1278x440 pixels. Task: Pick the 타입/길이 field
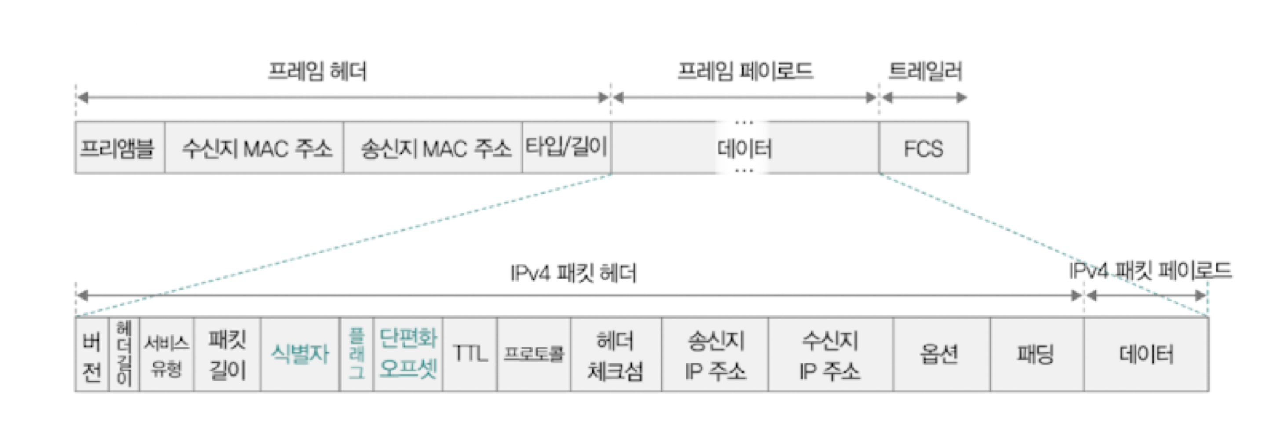click(566, 147)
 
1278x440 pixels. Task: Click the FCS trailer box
click(923, 147)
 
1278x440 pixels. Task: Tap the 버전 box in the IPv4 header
click(92, 355)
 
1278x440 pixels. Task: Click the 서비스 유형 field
click(167, 355)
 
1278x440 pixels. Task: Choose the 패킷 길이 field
click(227, 355)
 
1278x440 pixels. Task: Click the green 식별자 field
click(300, 355)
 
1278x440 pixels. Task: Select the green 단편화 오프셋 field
click(408, 355)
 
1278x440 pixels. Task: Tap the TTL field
click(470, 355)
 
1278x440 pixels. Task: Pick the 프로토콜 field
click(534, 355)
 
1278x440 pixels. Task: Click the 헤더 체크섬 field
click(616, 355)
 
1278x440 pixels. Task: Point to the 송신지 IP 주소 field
click(715, 355)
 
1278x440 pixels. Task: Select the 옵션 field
click(941, 355)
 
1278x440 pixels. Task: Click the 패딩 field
click(1037, 355)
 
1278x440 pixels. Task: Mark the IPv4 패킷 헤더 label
click(573, 273)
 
